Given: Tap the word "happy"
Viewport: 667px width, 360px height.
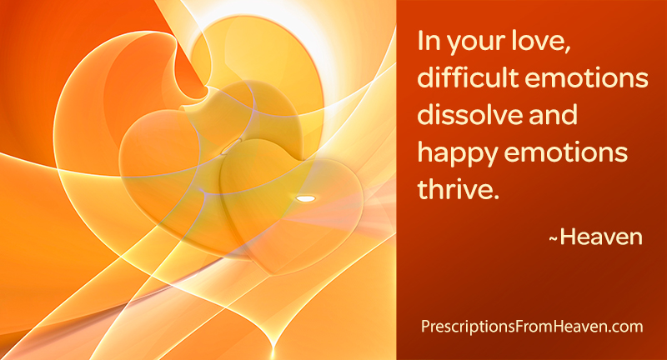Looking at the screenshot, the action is coord(458,154).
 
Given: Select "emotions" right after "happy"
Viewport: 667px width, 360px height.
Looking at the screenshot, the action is coord(566,152).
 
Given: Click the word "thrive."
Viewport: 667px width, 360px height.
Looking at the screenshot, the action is coord(458,188).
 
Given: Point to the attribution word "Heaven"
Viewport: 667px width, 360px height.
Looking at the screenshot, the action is coord(601,237).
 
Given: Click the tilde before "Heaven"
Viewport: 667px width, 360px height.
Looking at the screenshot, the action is coord(553,240).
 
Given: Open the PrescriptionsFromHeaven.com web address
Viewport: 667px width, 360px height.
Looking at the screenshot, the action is coord(532,327).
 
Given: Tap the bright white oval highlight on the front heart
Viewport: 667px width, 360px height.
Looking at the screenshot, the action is coord(305,198).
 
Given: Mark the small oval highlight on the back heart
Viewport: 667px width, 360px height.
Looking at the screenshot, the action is coord(232,146).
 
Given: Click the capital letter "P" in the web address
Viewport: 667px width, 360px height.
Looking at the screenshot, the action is coord(425,327).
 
